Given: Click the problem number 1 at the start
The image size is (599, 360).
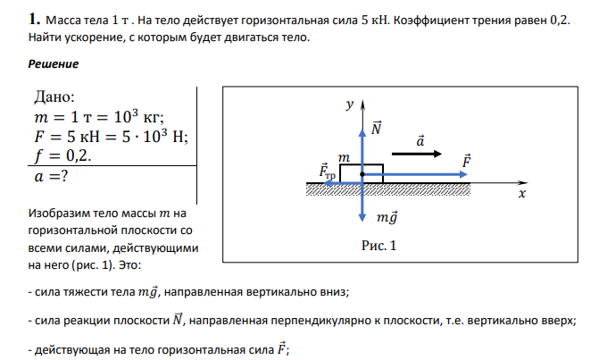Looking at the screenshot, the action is point(34,19).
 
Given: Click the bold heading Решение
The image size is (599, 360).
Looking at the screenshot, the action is point(53,63).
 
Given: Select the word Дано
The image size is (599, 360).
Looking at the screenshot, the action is point(54,96).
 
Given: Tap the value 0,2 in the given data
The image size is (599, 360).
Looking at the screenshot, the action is point(79,155).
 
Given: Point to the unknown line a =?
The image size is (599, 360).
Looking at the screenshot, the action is point(51,176).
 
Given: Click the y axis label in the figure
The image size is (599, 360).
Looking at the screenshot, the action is point(350,104).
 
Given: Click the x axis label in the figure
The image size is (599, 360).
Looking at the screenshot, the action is point(522,193).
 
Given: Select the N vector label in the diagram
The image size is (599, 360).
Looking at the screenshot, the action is point(376,128).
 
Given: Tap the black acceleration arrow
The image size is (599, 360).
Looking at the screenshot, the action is point(416,154).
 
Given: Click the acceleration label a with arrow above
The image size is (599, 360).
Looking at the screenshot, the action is point(420,140).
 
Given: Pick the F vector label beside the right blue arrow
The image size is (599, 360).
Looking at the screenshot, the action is point(466,161).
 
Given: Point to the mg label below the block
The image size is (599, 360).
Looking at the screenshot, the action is point(387,217).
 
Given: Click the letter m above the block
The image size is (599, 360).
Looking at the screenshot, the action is point(344,157).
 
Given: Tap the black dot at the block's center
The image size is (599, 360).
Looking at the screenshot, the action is point(362,174).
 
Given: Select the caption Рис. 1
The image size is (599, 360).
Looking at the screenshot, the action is point(379,246).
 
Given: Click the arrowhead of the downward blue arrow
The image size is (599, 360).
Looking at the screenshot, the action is point(362,218).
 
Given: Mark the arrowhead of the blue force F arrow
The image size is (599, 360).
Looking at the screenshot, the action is point(463,174).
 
